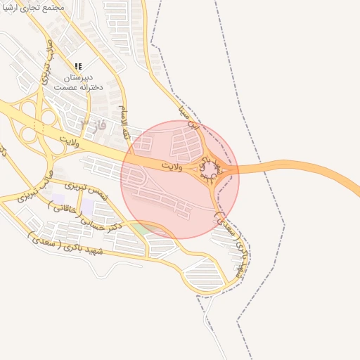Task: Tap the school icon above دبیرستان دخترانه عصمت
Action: tap(78, 65)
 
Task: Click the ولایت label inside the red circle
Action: tap(171, 166)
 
